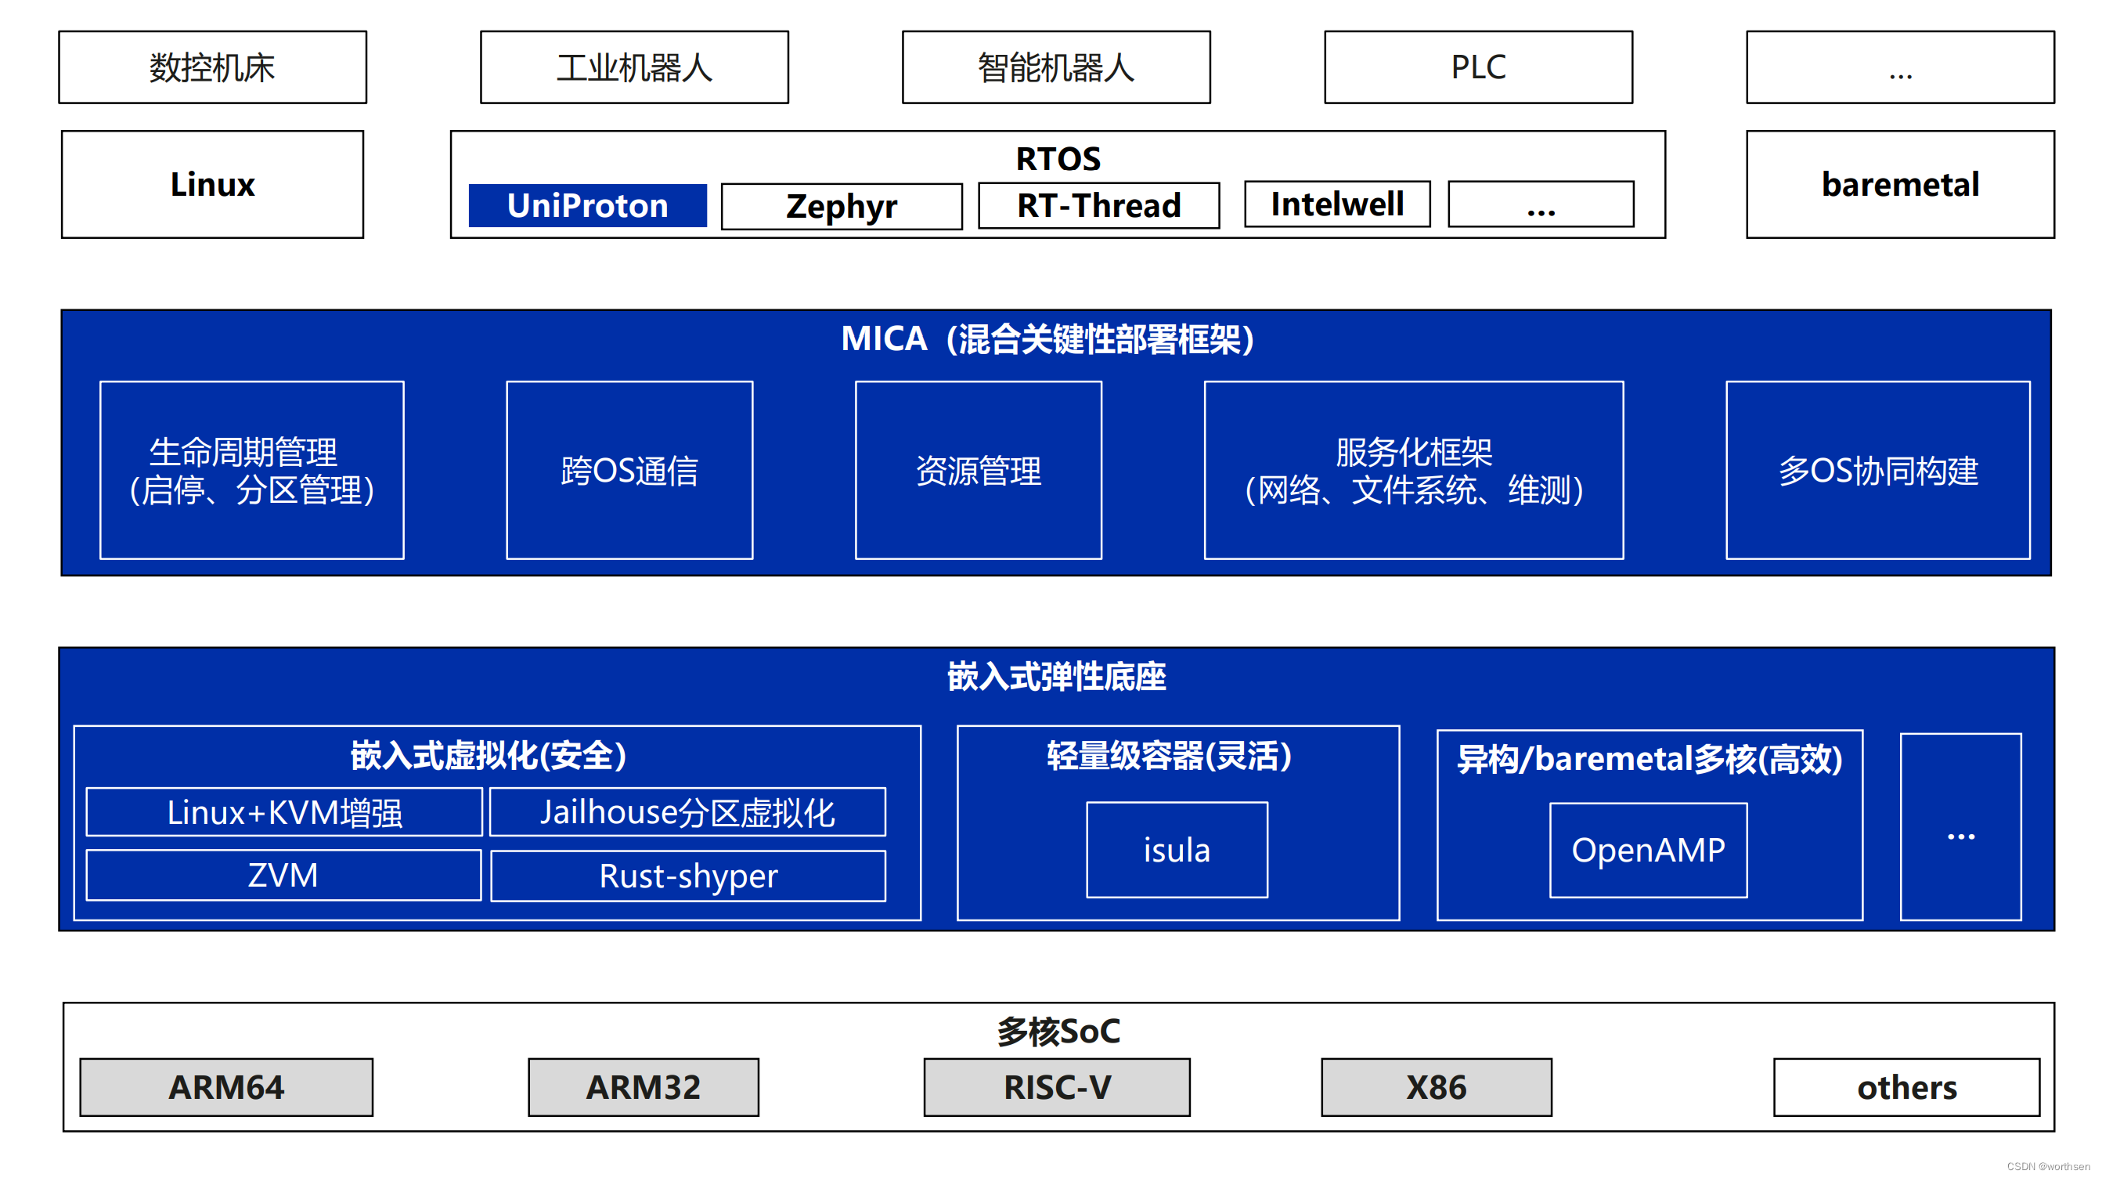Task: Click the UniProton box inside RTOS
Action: [x=587, y=206]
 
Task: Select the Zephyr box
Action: [x=842, y=207]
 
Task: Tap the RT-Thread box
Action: [x=1098, y=206]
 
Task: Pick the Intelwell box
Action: [x=1336, y=204]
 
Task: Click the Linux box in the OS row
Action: [x=212, y=185]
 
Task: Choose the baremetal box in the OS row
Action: [x=1900, y=185]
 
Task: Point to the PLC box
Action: [x=1478, y=67]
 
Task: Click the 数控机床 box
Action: [x=212, y=67]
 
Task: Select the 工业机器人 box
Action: [x=634, y=67]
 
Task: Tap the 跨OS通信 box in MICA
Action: [x=629, y=470]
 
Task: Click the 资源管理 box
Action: [x=979, y=470]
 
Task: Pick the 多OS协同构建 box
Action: [x=1877, y=470]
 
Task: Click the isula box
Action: [x=1177, y=850]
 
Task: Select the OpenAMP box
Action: [x=1648, y=850]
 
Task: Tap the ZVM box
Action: [x=283, y=875]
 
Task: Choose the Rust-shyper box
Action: [x=688, y=876]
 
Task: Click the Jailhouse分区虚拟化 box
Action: [x=687, y=812]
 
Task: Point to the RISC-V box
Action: [x=1057, y=1087]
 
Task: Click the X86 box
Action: [x=1436, y=1087]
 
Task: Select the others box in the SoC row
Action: [x=1906, y=1087]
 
